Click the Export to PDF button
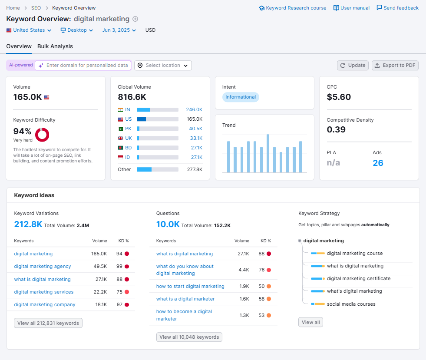coord(395,65)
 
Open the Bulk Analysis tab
coord(55,46)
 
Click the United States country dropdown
coord(29,30)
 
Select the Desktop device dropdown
coord(76,30)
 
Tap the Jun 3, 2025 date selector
coord(119,30)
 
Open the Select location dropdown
coord(163,65)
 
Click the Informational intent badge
coord(241,97)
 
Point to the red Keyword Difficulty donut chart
coord(42,135)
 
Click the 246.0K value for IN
coord(194,109)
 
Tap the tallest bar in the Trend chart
coord(268,153)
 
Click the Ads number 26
coord(378,163)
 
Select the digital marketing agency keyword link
coord(43,266)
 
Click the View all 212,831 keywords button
coord(48,323)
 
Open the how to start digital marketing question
coord(190,286)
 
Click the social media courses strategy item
coord(351,304)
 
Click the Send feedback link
coord(397,8)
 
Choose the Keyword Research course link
coord(292,8)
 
